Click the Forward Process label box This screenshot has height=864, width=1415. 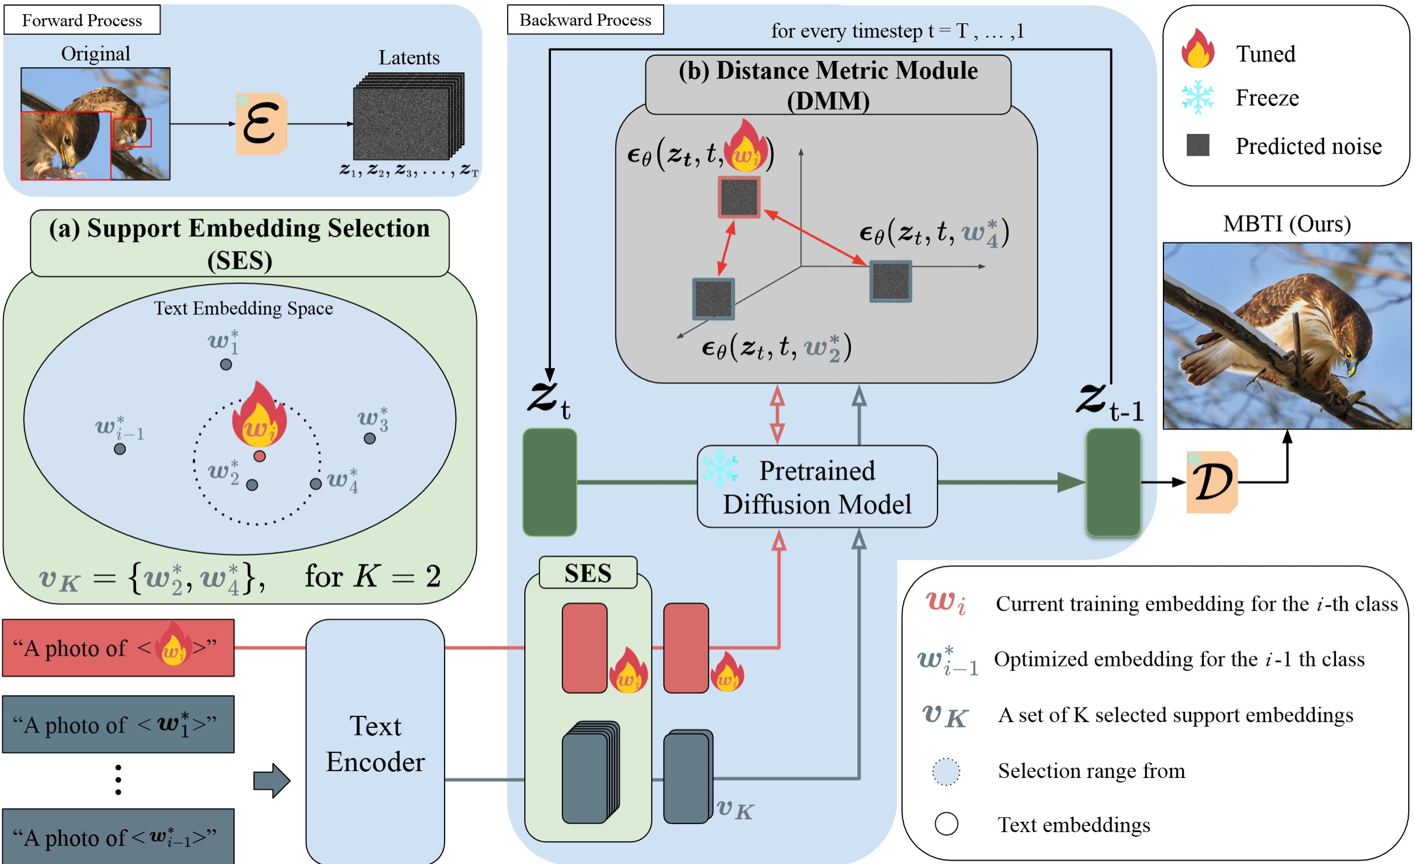81,20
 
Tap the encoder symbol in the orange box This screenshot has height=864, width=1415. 262,124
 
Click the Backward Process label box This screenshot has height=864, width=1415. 585,20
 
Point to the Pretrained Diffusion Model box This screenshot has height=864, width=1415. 817,487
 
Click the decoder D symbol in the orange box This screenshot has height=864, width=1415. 1212,482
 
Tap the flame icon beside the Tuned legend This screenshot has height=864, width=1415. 1198,50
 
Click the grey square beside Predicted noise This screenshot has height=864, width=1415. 1198,145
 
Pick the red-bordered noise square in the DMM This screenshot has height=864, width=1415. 738,198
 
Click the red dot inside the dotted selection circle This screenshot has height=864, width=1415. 260,457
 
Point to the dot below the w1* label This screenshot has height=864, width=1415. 227,365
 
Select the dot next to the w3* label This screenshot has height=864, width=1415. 370,439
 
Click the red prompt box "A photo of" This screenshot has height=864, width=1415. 118,648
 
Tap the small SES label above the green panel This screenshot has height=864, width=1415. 587,574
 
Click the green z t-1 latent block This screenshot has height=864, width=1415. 1113,482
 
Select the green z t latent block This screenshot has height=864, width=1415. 550,482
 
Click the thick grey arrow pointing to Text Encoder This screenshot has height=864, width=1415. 272,781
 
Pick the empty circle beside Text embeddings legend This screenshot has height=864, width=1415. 946,824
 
